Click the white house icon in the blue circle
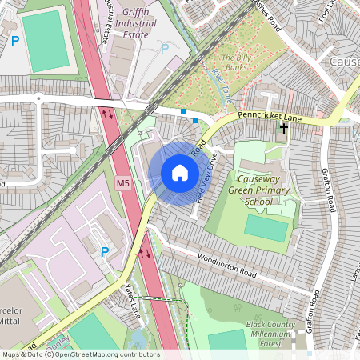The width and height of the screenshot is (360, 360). (x=179, y=172)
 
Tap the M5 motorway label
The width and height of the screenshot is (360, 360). (x=122, y=184)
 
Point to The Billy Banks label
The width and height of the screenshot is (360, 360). (x=236, y=63)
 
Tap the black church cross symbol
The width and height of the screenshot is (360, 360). (x=284, y=127)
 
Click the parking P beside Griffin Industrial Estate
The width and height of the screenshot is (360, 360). (x=165, y=48)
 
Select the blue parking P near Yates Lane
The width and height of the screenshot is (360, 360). (x=105, y=252)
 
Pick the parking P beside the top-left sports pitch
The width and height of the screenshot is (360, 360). (x=14, y=40)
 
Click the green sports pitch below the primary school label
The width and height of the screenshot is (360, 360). (x=266, y=228)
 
